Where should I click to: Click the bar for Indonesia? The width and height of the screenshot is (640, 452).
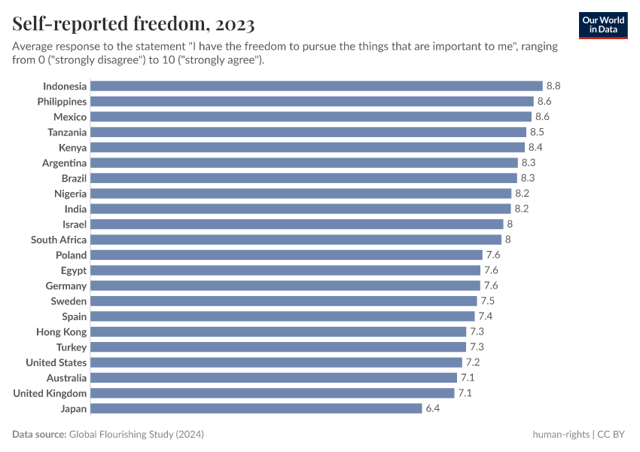click(316, 86)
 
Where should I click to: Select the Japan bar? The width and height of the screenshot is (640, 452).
click(256, 408)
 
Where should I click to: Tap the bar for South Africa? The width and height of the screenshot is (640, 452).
click(296, 240)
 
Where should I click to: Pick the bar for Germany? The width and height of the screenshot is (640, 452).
click(285, 286)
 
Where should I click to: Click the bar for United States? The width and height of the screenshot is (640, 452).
click(276, 362)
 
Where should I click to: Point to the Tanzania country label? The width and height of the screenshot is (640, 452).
click(67, 132)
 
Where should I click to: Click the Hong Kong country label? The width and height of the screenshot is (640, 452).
click(61, 331)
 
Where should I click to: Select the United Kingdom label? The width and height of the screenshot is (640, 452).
click(50, 393)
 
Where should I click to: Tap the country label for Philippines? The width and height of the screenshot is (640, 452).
click(62, 101)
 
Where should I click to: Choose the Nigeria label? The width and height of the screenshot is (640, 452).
click(70, 194)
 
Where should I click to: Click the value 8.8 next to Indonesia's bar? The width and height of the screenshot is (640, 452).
click(553, 86)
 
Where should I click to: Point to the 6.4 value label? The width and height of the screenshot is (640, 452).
click(433, 408)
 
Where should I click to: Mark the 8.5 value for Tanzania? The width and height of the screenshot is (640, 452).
click(538, 132)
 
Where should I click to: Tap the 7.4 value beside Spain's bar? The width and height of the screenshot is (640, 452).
click(486, 316)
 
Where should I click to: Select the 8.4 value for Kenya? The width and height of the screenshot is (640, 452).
click(535, 148)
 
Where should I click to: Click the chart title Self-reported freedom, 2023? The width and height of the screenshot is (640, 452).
click(133, 24)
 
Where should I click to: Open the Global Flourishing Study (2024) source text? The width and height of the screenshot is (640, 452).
click(136, 435)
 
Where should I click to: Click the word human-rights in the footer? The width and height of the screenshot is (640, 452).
click(561, 435)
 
